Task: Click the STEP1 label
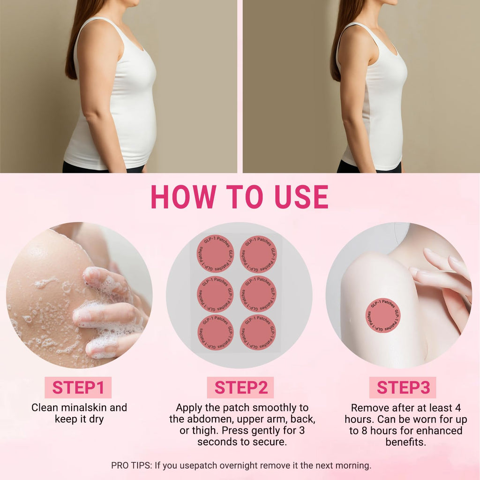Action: coord(78,387)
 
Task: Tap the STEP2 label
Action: coord(240,387)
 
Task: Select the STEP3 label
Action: coord(403,387)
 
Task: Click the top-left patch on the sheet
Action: coord(216,254)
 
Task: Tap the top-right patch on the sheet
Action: coord(258,254)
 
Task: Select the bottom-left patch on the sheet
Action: coord(216,332)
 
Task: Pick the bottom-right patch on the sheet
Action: coord(258,332)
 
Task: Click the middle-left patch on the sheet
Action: coord(216,294)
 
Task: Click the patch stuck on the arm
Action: coord(383,315)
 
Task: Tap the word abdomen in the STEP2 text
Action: coord(210,419)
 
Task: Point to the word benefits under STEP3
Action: coord(405,442)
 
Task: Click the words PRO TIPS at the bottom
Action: coord(131,465)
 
